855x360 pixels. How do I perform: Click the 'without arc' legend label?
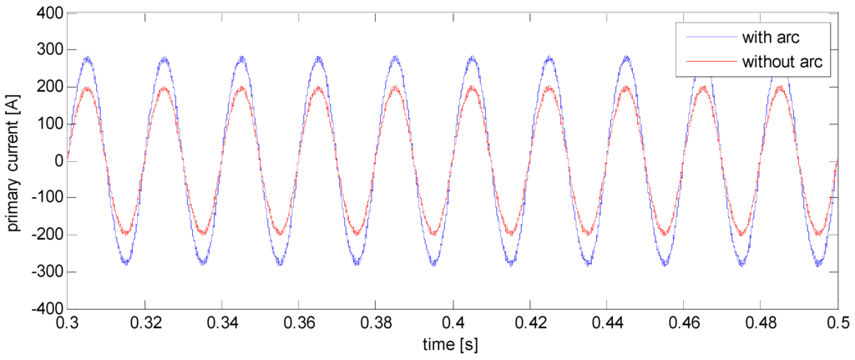click(780, 61)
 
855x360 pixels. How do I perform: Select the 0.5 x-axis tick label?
click(837, 322)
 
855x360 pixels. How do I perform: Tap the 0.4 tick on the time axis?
click(453, 322)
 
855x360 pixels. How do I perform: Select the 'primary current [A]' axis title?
click(16, 161)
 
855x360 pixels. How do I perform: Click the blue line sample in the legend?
click(709, 38)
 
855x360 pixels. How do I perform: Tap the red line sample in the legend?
click(709, 61)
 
